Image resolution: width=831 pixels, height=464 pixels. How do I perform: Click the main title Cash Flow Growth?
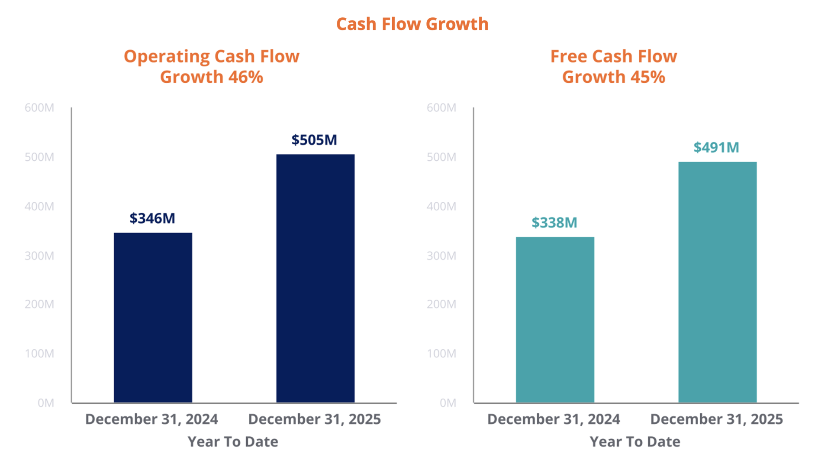(412, 24)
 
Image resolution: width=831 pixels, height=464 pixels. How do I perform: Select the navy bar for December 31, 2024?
(153, 318)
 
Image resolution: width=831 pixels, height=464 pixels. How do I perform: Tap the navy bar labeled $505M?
(315, 278)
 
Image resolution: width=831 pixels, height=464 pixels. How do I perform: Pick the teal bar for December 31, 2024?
(555, 320)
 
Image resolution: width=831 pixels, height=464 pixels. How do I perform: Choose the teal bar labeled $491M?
(717, 282)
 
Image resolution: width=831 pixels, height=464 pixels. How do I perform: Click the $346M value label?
(152, 218)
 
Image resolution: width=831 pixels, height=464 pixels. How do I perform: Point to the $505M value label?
(314, 140)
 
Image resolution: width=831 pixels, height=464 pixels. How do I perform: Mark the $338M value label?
(554, 223)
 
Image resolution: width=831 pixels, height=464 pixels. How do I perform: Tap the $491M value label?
(716, 148)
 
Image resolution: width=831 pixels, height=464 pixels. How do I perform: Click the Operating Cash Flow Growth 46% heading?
(212, 67)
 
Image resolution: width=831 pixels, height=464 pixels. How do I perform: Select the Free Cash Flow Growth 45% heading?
(613, 67)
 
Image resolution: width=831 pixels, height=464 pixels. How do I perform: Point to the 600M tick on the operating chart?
(39, 108)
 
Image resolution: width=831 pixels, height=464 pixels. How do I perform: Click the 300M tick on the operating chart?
(39, 256)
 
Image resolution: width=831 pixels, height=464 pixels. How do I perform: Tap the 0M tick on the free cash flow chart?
(448, 403)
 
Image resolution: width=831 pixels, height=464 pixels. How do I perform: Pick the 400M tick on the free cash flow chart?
(441, 207)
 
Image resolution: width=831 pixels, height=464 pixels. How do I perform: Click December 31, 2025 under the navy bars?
(314, 419)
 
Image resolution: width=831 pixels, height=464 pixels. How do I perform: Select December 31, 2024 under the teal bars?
(554, 419)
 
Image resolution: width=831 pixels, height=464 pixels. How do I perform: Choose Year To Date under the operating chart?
(233, 442)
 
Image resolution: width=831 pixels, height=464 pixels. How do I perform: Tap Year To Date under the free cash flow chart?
(635, 442)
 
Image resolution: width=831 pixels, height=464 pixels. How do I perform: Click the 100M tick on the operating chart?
(39, 354)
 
